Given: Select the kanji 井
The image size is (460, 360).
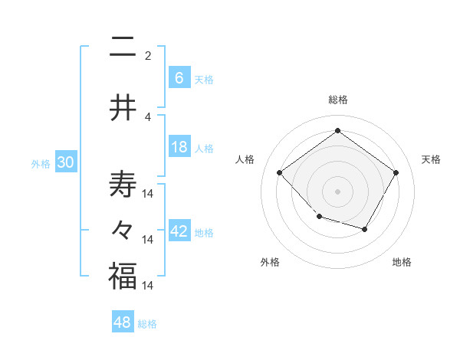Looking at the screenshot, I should click(x=123, y=108).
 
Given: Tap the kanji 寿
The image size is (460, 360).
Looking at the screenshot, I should click(x=123, y=185).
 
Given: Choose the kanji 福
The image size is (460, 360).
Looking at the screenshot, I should click(x=123, y=277).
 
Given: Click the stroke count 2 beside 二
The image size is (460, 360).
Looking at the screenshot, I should click(x=148, y=55).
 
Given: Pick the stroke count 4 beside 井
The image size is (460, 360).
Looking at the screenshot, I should click(x=148, y=116).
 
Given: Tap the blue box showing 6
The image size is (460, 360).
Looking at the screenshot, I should click(x=179, y=77).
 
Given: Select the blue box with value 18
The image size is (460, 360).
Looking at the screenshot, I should click(x=179, y=147).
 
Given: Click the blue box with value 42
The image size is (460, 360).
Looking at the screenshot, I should click(x=179, y=231).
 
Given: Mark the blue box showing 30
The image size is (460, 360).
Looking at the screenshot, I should click(x=65, y=162).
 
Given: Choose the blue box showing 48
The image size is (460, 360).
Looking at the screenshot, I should click(x=123, y=322).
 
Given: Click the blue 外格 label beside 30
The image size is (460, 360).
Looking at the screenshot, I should click(x=40, y=163).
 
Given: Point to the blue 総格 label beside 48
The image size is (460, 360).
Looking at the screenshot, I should click(x=147, y=323).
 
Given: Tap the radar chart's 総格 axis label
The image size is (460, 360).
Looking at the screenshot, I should click(x=337, y=100).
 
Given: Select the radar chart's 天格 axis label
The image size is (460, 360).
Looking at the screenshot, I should click(x=432, y=159).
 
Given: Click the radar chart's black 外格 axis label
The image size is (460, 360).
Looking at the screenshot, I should click(x=270, y=262).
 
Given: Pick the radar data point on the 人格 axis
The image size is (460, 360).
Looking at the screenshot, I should click(x=280, y=172).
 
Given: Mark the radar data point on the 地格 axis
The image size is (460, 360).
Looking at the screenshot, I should click(x=365, y=229).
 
